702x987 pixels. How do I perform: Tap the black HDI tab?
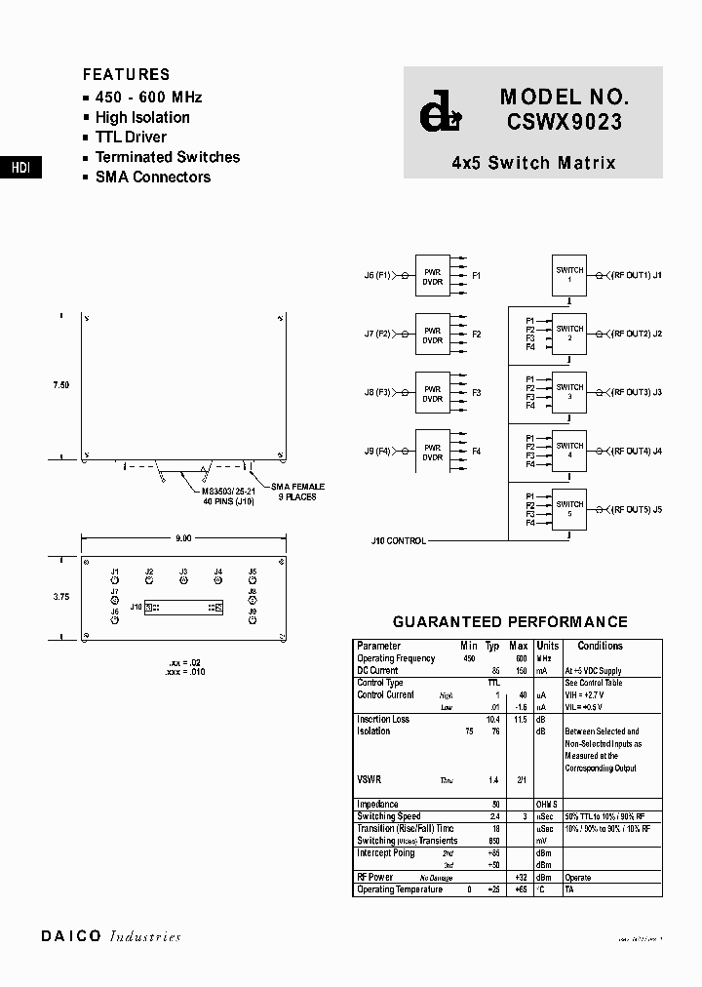[20, 168]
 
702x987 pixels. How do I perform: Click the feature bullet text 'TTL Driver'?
[131, 138]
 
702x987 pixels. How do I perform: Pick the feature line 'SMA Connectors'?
[152, 177]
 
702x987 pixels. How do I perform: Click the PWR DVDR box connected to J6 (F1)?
[432, 276]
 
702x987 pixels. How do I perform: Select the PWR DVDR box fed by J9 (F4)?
[432, 452]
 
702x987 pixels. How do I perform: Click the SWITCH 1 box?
[569, 275]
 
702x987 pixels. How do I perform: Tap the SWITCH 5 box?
[569, 509]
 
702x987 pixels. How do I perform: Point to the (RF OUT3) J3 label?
[637, 392]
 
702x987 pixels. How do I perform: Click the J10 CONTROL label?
[398, 540]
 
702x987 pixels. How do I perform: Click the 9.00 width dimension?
[182, 537]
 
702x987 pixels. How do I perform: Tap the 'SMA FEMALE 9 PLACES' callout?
[297, 491]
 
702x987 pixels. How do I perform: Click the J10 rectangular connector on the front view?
[184, 608]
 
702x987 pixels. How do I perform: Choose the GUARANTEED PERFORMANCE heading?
[510, 622]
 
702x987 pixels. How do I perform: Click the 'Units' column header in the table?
[548, 646]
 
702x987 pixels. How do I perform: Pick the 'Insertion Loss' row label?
[383, 719]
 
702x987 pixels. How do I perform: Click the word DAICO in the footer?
[70, 936]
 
